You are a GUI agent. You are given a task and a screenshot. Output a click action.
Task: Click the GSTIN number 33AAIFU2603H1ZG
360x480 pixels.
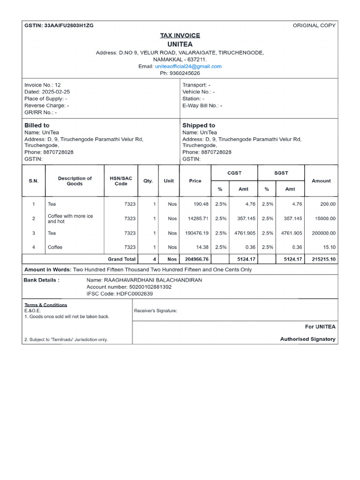[68, 25]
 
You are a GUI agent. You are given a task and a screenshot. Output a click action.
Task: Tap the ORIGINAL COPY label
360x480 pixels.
[314, 25]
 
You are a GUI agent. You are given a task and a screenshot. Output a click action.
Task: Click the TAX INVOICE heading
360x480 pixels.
[180, 35]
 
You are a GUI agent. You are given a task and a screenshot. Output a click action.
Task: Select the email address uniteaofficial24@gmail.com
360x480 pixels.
[188, 66]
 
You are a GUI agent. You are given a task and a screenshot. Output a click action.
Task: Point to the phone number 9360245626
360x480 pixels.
[185, 73]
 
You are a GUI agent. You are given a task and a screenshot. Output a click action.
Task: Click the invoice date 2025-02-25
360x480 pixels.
[56, 92]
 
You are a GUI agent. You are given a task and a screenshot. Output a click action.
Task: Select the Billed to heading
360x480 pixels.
[37, 125]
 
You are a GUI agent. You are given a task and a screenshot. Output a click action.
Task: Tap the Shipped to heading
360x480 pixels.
[199, 125]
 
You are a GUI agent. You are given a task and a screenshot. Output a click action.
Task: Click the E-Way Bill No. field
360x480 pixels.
[202, 105]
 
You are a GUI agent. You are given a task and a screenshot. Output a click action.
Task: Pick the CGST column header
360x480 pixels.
[234, 173]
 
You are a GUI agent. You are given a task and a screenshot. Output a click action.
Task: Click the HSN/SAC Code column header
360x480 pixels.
[121, 181]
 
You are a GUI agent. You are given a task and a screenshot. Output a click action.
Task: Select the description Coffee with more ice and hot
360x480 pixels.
[70, 218]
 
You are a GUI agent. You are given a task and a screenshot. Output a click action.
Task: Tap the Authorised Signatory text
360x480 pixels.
[307, 339]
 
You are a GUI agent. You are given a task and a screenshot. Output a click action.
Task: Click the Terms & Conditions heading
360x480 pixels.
[45, 305]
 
